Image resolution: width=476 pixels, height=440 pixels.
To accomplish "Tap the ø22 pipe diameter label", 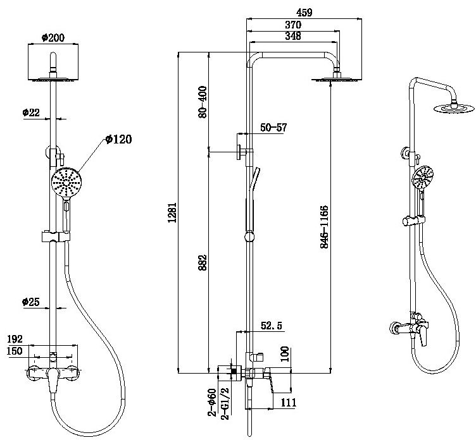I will (30, 113).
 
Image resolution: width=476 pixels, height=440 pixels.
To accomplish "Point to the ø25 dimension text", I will (31, 302).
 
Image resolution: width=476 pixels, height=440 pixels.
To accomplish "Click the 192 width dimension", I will (16, 338).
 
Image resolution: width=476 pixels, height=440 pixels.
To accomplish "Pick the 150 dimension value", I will (16, 350).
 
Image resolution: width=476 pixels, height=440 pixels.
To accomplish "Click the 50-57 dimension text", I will (273, 128).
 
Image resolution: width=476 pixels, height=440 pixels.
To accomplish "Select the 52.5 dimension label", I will (272, 327).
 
